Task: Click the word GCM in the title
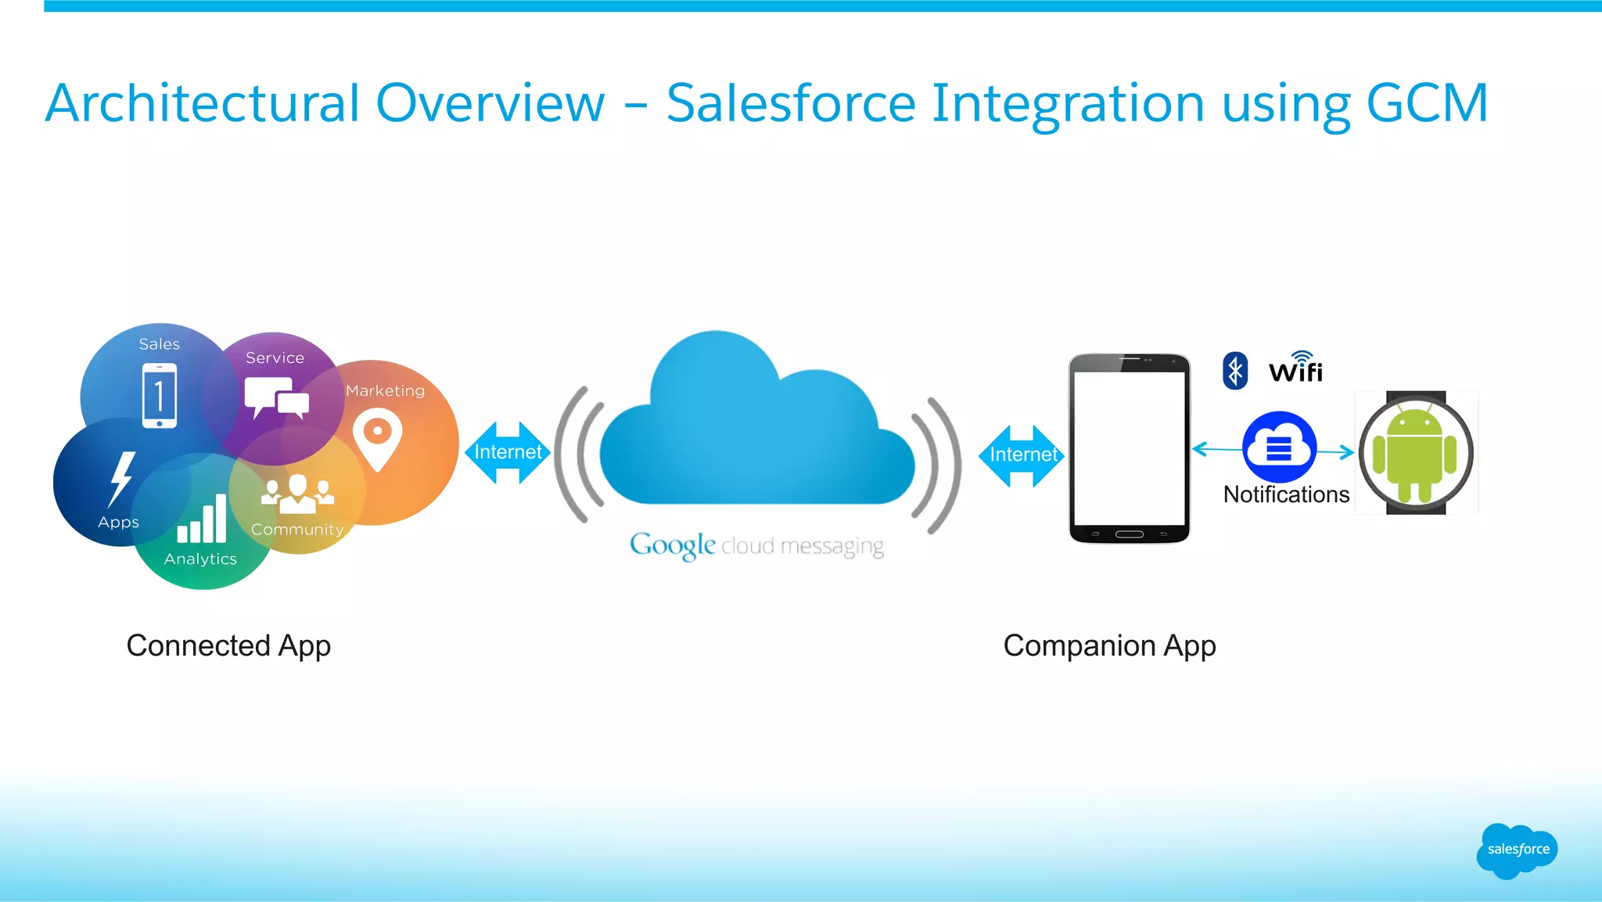1427,103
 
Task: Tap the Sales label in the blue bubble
159,344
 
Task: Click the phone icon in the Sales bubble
160,396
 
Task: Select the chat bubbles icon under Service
275,397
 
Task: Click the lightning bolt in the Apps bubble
121,478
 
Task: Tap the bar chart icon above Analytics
202,519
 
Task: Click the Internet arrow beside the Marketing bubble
508,452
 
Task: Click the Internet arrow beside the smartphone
1022,455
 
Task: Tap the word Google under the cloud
672,545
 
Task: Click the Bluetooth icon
1235,371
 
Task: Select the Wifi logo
1295,368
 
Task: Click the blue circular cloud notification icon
1279,447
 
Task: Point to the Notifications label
1286,494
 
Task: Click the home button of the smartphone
1129,534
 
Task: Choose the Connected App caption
228,646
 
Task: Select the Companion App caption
1109,646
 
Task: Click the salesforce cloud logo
1517,850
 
